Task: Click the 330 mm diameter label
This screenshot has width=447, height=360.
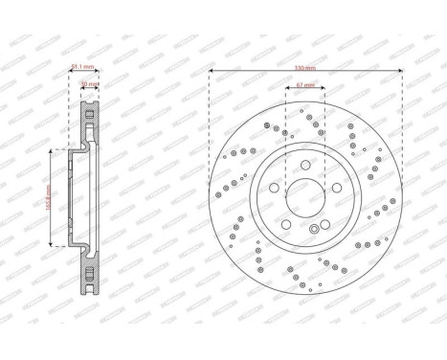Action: point(304,69)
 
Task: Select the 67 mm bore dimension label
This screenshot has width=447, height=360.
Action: point(304,85)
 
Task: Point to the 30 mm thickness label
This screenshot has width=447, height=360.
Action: point(90,84)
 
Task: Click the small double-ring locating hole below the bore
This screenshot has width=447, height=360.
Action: point(304,232)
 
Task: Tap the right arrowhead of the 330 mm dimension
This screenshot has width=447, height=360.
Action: point(398,73)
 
